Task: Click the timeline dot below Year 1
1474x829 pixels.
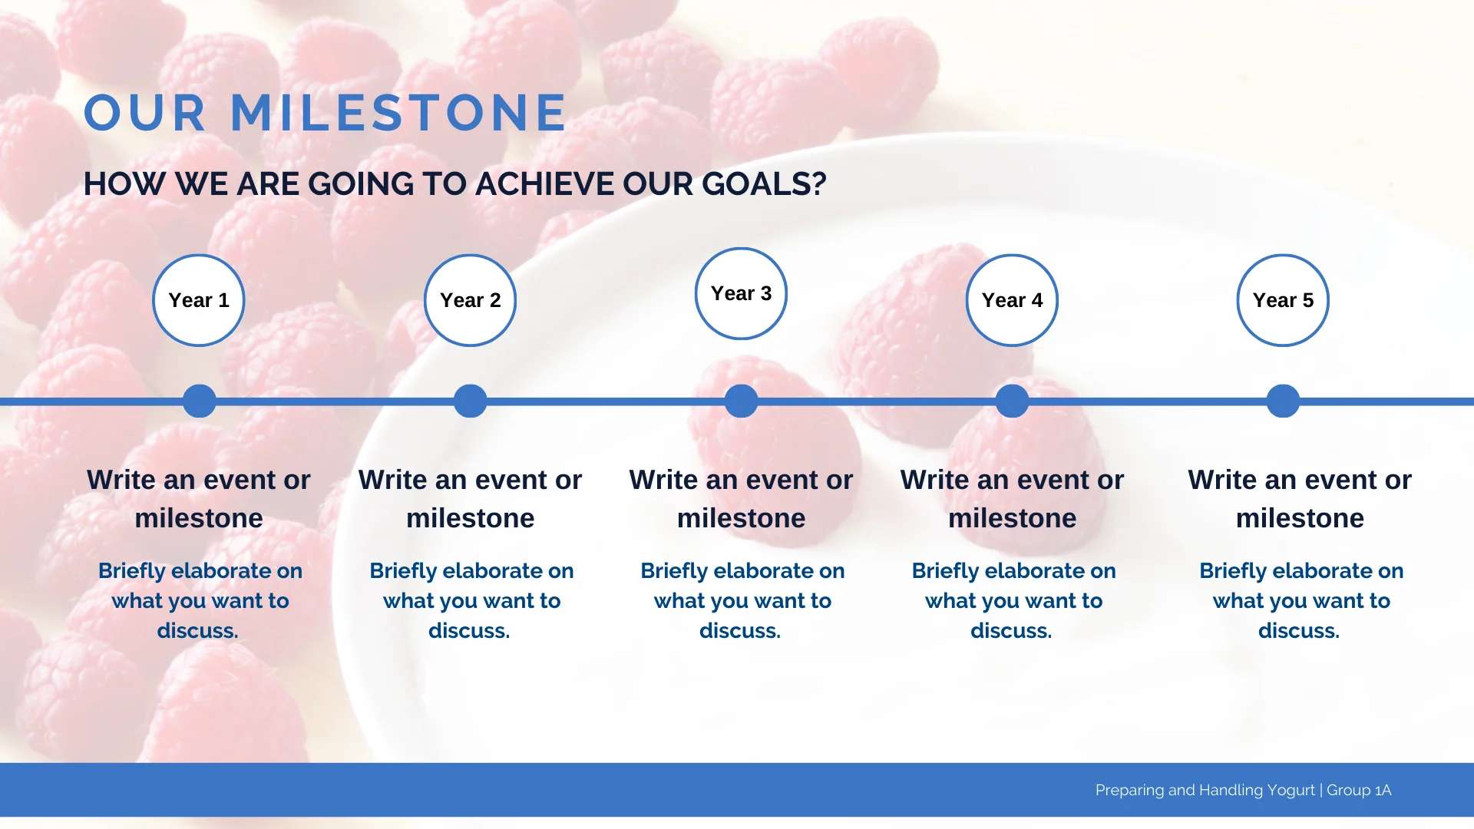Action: coord(200,401)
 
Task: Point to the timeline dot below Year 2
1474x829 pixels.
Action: coord(471,401)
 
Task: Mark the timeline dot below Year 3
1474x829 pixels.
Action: coord(742,401)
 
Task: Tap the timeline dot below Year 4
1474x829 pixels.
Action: coord(1013,401)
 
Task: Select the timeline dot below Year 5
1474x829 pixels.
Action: coord(1284,401)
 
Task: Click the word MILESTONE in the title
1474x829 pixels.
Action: coord(398,113)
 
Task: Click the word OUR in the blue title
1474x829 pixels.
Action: coord(145,113)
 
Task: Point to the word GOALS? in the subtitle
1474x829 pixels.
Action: coord(764,184)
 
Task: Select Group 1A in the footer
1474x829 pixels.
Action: coord(1359,790)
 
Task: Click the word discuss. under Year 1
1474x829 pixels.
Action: coord(198,631)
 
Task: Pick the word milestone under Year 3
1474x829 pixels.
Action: coord(742,518)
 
